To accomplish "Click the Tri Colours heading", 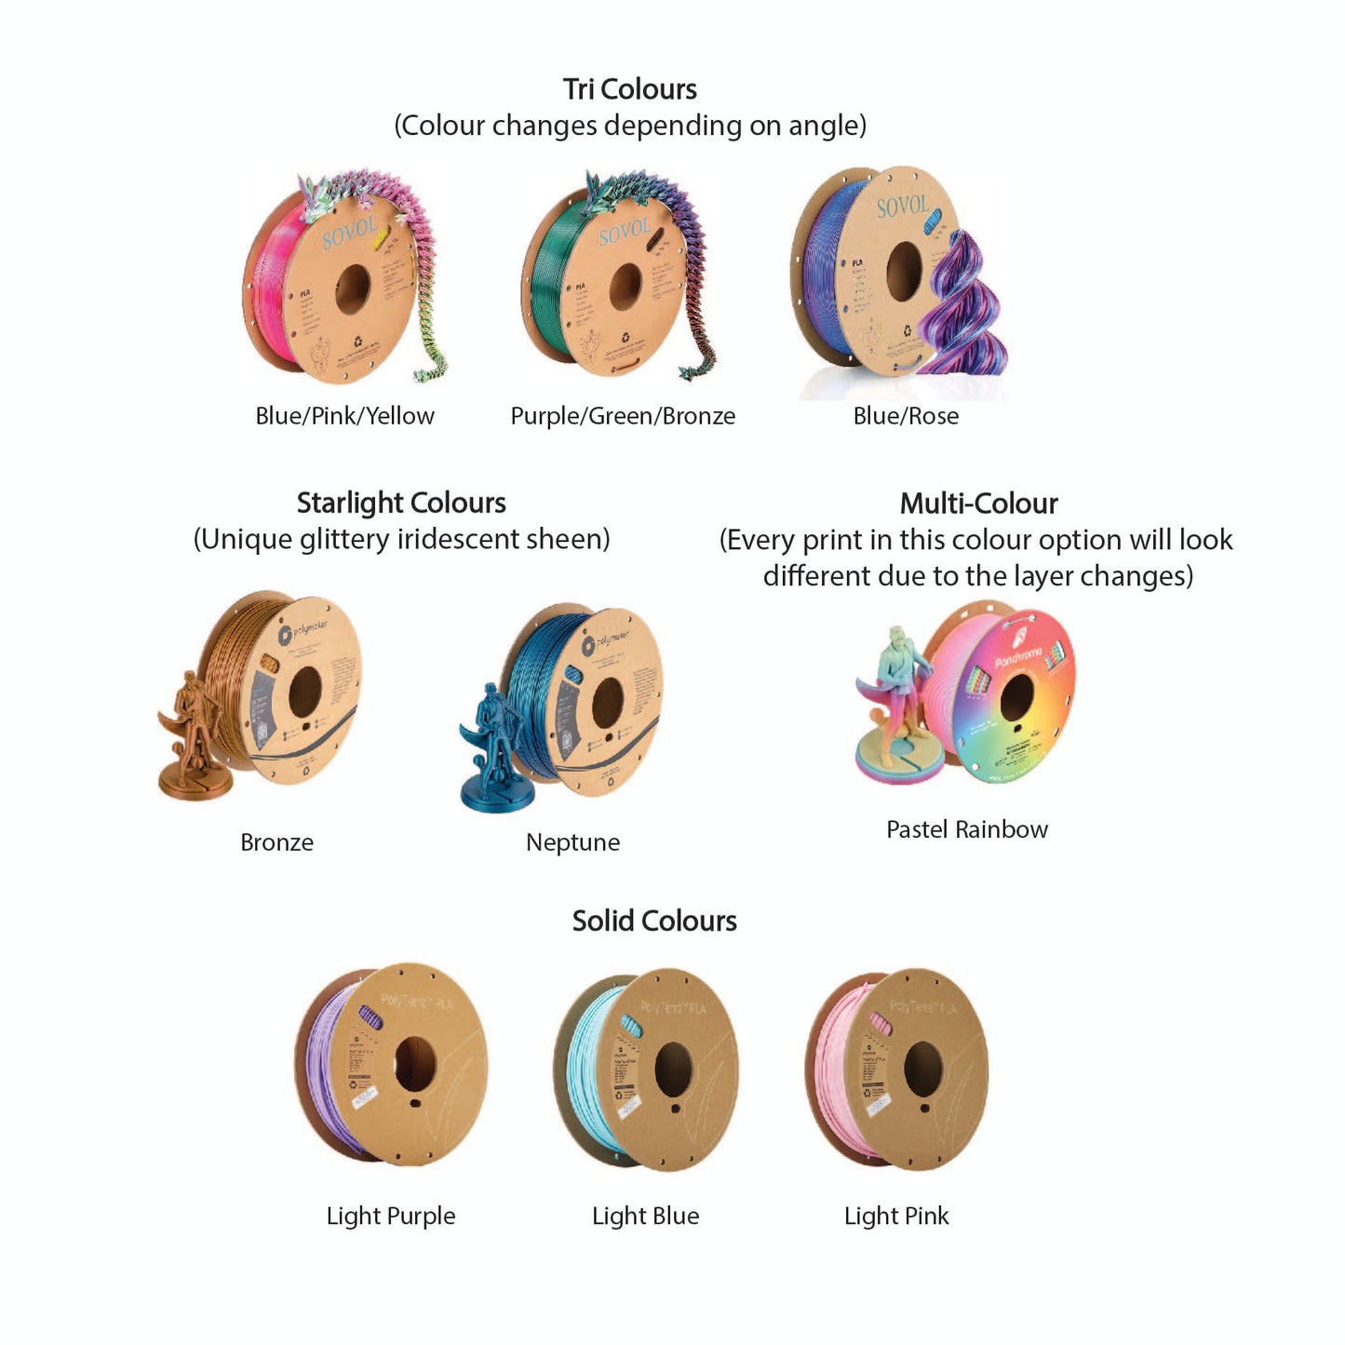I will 630,89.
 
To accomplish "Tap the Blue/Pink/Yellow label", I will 344,416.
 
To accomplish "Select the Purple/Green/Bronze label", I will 623,416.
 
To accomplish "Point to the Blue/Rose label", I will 906,416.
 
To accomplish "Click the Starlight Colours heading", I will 401,504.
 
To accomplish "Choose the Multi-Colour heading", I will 978,504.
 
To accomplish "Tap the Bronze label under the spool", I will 276,842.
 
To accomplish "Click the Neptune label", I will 572,842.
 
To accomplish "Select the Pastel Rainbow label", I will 967,829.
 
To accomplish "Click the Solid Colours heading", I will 654,921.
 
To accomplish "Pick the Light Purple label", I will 391,1216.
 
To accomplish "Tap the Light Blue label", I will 646,1216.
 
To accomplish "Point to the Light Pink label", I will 896,1216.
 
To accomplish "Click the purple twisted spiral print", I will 963,307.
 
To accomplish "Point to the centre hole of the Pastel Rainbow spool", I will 1016,697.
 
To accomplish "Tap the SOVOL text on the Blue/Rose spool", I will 902,207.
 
